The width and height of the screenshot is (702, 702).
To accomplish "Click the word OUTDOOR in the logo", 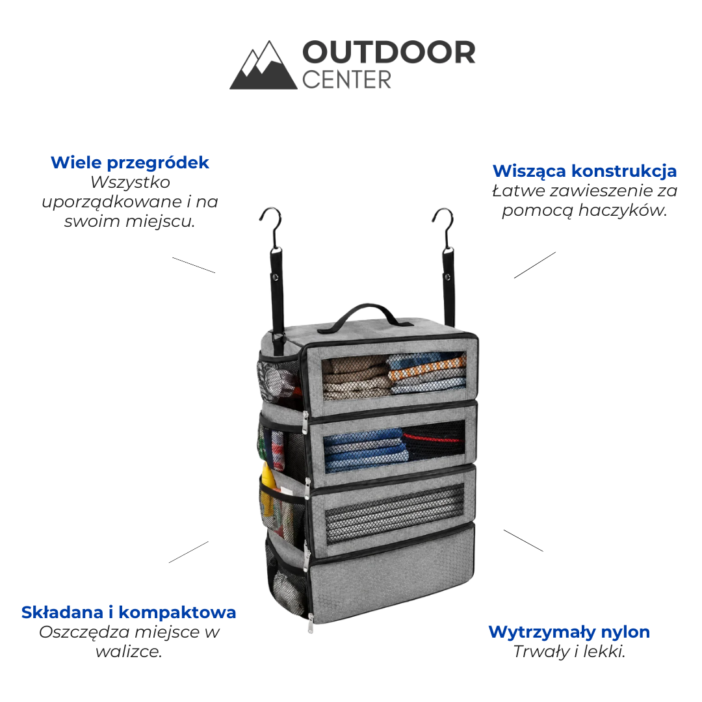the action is click(389, 53).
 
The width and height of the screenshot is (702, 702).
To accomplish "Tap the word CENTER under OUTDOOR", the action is click(346, 80).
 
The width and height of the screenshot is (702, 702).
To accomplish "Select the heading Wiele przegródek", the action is click(130, 162).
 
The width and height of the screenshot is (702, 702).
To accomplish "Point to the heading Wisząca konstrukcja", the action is click(585, 171).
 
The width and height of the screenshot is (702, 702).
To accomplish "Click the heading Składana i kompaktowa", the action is click(129, 612).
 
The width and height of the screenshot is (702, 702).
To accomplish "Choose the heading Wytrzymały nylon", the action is click(569, 632).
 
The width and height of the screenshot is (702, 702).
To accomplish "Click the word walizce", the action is click(129, 651).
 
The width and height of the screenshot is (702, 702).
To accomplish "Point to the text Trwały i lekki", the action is click(569, 651).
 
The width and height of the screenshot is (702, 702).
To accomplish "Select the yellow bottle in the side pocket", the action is click(268, 488).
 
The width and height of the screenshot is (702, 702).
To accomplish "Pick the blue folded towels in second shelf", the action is click(365, 450).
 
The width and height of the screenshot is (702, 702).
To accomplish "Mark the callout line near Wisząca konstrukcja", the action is click(534, 265).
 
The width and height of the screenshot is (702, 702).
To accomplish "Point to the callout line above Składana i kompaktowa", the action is click(188, 552).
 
